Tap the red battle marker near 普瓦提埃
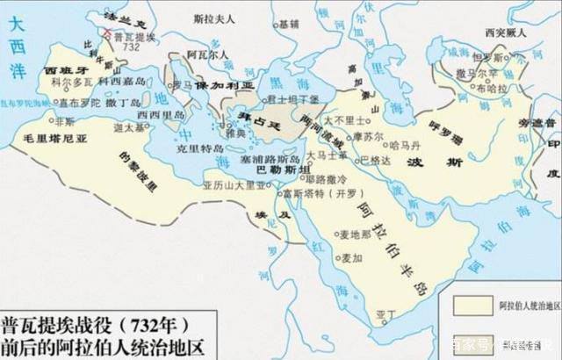(107, 34)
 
